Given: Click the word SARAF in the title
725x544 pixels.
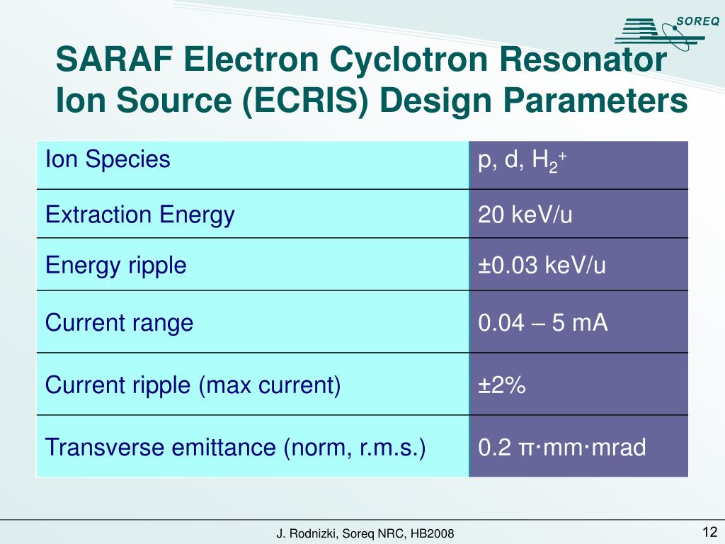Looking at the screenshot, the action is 115,59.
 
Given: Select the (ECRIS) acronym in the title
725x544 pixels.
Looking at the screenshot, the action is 306,101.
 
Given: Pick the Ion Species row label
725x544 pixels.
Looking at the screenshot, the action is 108,159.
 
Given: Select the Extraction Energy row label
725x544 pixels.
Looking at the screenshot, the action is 140,215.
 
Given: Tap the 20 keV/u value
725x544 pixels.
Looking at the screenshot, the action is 525,215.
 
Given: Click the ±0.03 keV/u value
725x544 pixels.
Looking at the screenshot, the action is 542,266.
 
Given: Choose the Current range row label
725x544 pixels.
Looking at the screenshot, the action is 119,323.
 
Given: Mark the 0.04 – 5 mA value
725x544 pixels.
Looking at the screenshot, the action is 543,322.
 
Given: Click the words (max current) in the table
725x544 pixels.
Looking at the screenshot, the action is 270,385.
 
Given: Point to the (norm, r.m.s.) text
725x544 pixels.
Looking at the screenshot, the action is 355,448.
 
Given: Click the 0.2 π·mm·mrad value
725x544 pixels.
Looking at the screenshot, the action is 561,448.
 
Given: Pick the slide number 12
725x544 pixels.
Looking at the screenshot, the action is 710,531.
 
